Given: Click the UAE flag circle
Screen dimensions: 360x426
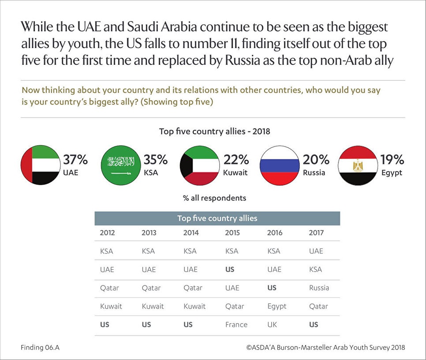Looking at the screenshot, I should click(x=41, y=165).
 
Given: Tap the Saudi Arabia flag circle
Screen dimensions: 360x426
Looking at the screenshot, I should click(x=121, y=165).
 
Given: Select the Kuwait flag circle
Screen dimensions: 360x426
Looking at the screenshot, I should click(x=200, y=165).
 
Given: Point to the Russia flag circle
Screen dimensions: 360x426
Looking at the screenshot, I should click(x=279, y=165).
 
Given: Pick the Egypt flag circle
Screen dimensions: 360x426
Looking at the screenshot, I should click(x=358, y=165).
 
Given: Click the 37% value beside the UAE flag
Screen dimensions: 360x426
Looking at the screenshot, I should click(x=75, y=160).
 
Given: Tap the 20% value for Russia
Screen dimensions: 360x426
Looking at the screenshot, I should click(x=316, y=160).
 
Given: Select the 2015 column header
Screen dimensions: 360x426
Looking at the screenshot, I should click(x=232, y=233).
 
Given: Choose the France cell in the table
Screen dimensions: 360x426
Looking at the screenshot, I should click(x=236, y=324).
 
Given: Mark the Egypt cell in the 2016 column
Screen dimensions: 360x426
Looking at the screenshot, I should click(x=277, y=306).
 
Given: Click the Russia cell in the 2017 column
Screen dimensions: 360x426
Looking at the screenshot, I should click(x=319, y=288).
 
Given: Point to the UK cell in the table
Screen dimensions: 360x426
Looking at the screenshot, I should click(x=272, y=324).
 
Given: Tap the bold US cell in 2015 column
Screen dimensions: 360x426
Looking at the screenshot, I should click(x=229, y=269).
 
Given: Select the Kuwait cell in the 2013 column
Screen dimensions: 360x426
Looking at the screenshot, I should click(x=153, y=306).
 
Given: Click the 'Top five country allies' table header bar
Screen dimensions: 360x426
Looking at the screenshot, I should click(x=217, y=218).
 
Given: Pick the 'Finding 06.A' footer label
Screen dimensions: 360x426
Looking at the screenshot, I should click(x=40, y=347).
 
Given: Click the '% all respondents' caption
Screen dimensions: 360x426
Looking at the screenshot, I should click(x=214, y=198).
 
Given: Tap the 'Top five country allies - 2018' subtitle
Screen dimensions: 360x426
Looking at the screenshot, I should click(x=214, y=131).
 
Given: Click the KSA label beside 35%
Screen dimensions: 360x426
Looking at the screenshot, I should click(x=151, y=173).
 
